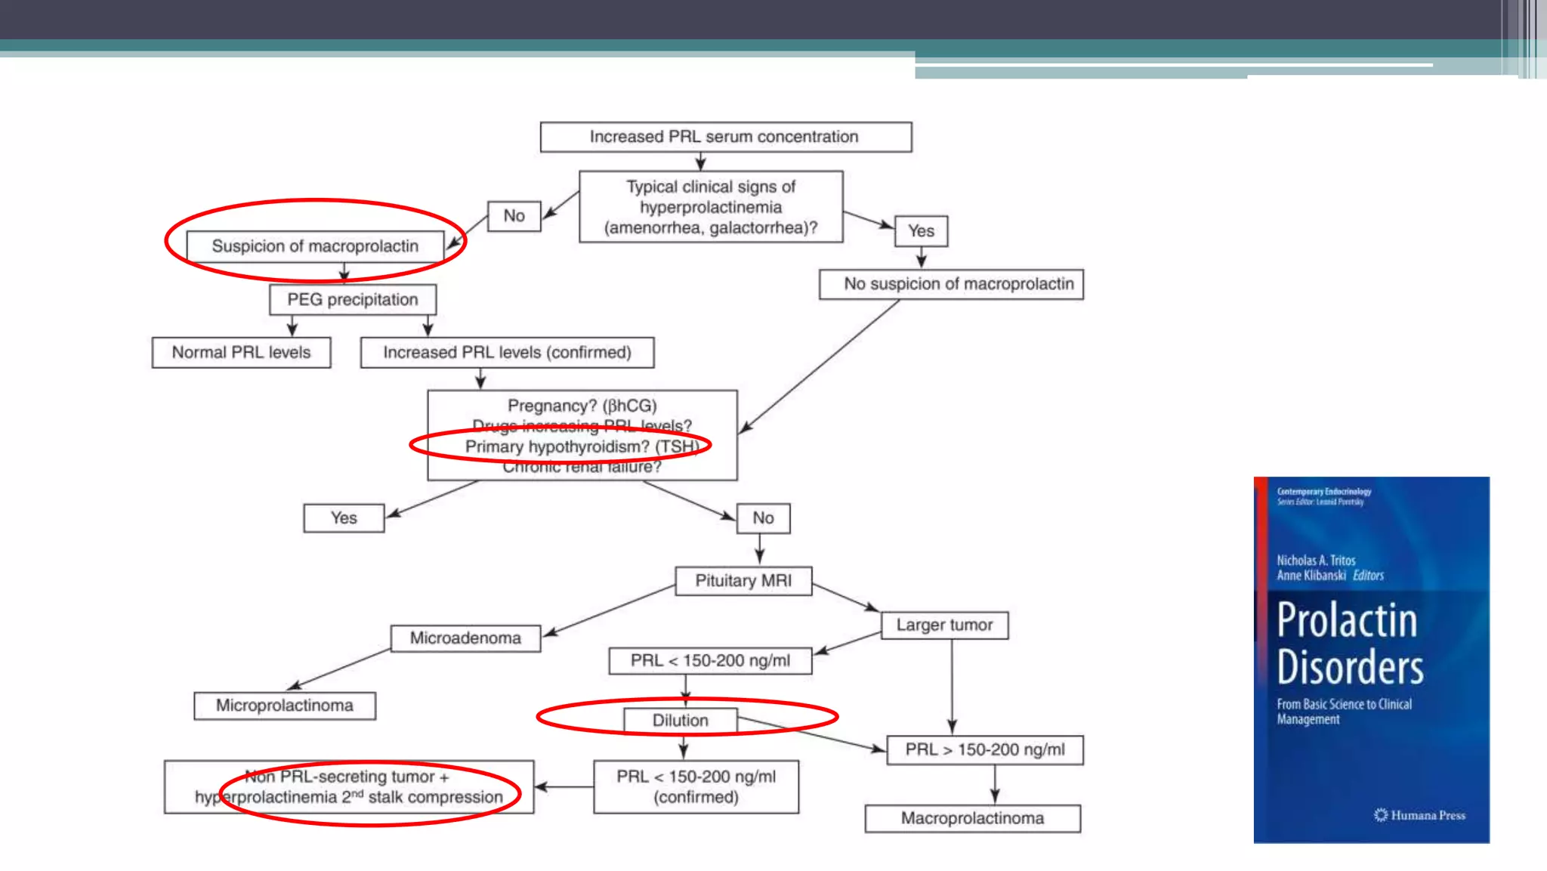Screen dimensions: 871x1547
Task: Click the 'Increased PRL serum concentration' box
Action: point(725,137)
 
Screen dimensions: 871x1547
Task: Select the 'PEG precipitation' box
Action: point(352,300)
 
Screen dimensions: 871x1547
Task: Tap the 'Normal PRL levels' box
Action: point(241,353)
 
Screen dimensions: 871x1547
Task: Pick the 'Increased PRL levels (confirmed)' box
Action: point(507,353)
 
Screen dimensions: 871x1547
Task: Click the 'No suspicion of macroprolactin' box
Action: point(951,284)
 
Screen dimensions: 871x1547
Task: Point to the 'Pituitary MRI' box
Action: point(743,581)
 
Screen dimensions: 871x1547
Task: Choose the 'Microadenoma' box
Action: point(465,638)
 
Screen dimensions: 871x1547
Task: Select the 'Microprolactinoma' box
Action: point(284,706)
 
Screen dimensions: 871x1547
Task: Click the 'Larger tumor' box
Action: point(944,625)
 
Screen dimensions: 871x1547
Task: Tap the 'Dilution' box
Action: point(680,721)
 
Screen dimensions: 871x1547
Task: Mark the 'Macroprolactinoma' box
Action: point(972,819)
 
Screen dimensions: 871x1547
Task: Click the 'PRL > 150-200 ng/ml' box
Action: point(984,750)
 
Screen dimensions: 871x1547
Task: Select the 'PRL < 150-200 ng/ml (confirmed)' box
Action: point(696,787)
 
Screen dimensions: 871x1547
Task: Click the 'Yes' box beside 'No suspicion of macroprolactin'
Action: point(921,231)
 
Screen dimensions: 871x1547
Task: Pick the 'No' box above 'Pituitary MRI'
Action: point(763,518)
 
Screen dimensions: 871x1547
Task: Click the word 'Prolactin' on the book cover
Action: point(1347,621)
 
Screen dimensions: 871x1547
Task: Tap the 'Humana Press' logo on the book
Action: point(1419,815)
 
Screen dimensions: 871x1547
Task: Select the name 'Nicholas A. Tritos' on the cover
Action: point(1316,561)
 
